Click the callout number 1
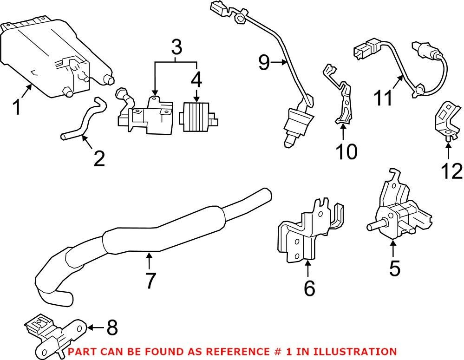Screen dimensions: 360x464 [17, 107]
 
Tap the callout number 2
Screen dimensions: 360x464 [99, 158]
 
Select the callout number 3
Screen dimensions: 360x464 [176, 46]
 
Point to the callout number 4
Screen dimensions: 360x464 [196, 80]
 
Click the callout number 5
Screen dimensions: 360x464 [394, 268]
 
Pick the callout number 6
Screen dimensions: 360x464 [309, 288]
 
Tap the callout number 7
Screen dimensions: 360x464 [150, 280]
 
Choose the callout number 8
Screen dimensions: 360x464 [112, 328]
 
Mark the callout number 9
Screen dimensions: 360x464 [264, 62]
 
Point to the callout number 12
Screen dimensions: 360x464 [451, 171]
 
